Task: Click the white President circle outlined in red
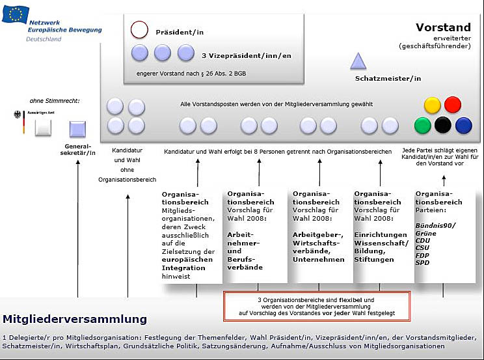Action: (140, 30)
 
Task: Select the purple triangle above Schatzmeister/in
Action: (358, 61)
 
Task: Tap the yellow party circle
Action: (433, 105)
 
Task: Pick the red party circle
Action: (453, 105)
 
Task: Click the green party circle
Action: (423, 125)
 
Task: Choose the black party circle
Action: (443, 125)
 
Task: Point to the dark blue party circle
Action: (463, 125)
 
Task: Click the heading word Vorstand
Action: (443, 27)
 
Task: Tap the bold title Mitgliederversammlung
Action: (75, 319)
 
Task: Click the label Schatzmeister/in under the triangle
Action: (388, 79)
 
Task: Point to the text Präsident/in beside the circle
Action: (179, 31)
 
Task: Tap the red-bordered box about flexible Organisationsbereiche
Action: (317, 306)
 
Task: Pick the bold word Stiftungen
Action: (374, 259)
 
